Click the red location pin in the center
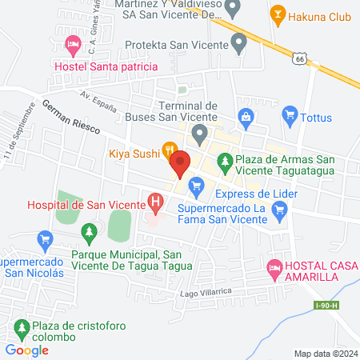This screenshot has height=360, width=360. pyautogui.click(x=179, y=164)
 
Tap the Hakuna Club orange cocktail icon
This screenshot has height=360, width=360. pyautogui.click(x=278, y=13)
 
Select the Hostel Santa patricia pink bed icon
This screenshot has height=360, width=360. pyautogui.click(x=72, y=43)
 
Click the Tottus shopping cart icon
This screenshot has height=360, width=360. pyautogui.click(x=290, y=117)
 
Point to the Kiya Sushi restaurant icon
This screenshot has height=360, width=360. pyautogui.click(x=170, y=149)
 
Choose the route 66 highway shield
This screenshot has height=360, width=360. pyautogui.click(x=298, y=58)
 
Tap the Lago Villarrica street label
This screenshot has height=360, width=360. pyautogui.click(x=206, y=294)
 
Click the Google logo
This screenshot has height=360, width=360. pyautogui.click(x=26, y=349)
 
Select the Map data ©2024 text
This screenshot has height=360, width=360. pyautogui.click(x=324, y=353)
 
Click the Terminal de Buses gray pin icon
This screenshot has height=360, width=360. pyautogui.click(x=199, y=132)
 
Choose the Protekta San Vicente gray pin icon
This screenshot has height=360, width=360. pyautogui.click(x=238, y=42)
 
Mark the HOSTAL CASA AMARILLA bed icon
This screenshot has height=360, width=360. pyautogui.click(x=274, y=267)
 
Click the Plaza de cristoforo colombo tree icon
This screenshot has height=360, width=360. pyautogui.click(x=21, y=326)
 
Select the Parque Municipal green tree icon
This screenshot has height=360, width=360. pyautogui.click(x=90, y=232)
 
